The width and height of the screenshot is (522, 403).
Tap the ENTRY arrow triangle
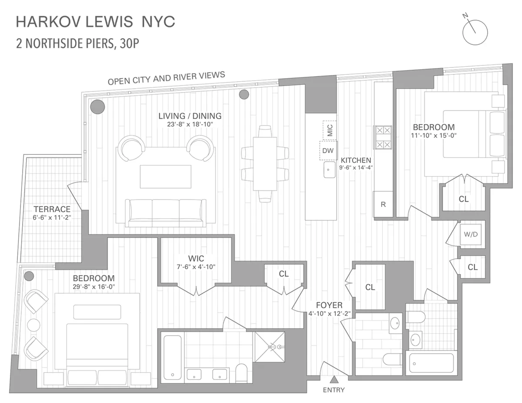[x=333, y=379]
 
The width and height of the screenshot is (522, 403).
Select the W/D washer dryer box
[x=470, y=234]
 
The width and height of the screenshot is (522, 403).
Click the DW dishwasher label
[x=328, y=151]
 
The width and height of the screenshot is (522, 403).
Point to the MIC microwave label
[x=329, y=130]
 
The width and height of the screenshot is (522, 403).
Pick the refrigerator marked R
[x=383, y=204]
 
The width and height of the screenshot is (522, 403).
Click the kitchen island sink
[x=328, y=170]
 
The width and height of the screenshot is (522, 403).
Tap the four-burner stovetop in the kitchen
[x=383, y=137]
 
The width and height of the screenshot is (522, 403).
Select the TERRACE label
[x=52, y=209]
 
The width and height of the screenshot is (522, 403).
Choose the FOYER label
[x=329, y=305]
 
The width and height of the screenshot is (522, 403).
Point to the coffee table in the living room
[x=165, y=177]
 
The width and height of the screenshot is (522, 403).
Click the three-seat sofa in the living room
[x=165, y=213]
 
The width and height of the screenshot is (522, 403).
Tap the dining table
[x=265, y=164]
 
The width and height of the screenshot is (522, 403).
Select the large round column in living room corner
[x=97, y=106]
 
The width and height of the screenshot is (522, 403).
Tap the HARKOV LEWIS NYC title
[x=95, y=22]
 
